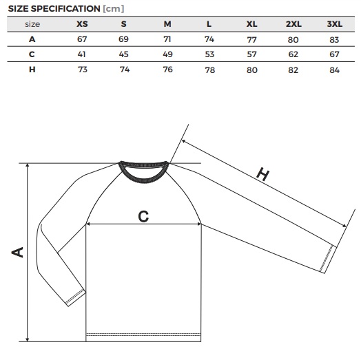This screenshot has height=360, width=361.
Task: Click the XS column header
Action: (x=82, y=24)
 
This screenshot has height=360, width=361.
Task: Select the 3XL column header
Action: (x=335, y=24)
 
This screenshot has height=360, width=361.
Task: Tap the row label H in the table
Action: (x=32, y=70)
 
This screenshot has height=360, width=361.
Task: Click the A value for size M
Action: (x=167, y=39)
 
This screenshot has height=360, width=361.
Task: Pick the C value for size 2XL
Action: (x=293, y=54)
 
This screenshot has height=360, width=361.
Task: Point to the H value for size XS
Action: (x=83, y=70)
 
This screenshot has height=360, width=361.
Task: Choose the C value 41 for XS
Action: (x=81, y=54)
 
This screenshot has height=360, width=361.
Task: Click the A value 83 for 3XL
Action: (x=334, y=40)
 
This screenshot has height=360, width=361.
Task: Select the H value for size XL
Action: (x=252, y=70)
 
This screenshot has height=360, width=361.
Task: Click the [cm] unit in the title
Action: (x=114, y=9)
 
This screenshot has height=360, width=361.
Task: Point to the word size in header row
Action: (x=32, y=24)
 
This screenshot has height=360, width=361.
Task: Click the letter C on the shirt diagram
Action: (x=143, y=216)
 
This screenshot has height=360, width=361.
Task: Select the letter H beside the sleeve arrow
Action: (x=263, y=174)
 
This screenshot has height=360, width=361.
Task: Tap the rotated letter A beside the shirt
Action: (x=17, y=252)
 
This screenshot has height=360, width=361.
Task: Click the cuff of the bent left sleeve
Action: (x=76, y=298)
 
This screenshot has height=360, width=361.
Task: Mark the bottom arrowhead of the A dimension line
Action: (x=28, y=339)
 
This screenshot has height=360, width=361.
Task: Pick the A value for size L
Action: (x=209, y=39)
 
